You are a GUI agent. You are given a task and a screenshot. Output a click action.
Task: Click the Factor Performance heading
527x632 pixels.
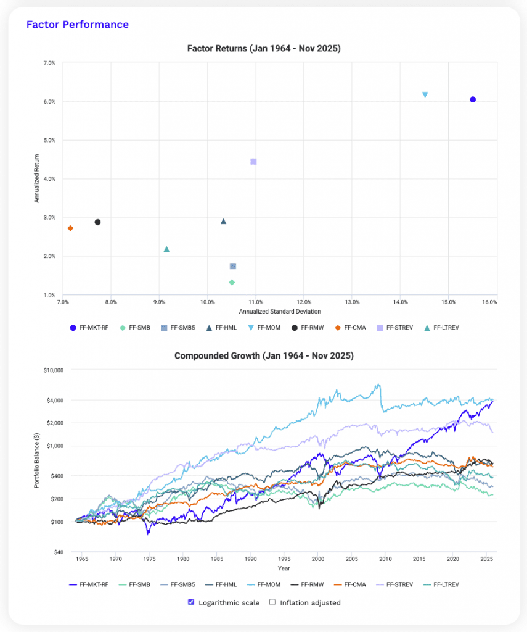[x=77, y=25]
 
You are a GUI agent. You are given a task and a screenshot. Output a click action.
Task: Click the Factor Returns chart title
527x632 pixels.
[x=263, y=48]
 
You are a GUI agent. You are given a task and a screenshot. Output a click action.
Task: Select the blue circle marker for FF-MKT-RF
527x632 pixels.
[x=473, y=99]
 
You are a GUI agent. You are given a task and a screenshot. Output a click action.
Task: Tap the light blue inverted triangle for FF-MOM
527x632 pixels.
[x=425, y=94]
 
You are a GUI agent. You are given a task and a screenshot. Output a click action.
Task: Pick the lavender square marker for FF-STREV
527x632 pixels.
[x=253, y=162]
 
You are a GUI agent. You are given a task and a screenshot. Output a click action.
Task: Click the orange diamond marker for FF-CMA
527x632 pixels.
[x=70, y=228]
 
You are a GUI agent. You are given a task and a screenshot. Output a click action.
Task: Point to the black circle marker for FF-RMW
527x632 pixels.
[x=97, y=222]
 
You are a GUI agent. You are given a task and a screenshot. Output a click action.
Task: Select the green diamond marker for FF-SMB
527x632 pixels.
[x=232, y=283]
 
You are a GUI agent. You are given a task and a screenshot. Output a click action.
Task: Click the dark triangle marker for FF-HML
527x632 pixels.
[x=224, y=222]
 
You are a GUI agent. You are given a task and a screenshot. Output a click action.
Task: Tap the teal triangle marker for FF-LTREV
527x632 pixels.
[x=166, y=249]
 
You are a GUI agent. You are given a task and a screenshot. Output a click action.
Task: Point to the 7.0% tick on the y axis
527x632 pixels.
[x=48, y=63]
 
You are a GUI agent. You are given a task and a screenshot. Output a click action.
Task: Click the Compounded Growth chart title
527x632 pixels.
[x=263, y=356]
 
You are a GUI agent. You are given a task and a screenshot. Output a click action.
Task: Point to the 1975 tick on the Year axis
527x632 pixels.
[x=149, y=560]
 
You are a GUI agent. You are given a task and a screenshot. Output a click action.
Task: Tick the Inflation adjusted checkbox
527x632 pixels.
[x=272, y=602]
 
